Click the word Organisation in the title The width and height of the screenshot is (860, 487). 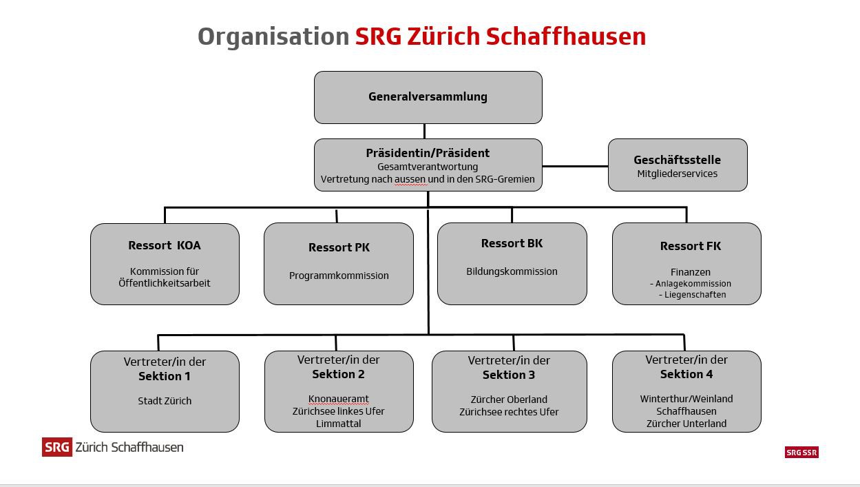pyautogui.click(x=273, y=37)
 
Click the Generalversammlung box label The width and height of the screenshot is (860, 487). pyautogui.click(x=428, y=97)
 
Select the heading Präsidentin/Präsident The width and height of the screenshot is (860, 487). pyautogui.click(x=428, y=153)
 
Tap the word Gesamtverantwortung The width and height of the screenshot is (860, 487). pyautogui.click(x=428, y=167)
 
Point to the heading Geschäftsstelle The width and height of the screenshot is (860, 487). pyautogui.click(x=678, y=160)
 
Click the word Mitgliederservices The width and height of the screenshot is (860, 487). pyautogui.click(x=678, y=174)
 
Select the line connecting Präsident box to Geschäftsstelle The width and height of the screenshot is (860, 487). pyautogui.click(x=575, y=166)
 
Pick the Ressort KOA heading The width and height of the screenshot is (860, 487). pyautogui.click(x=165, y=245)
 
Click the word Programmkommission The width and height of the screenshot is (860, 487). pyautogui.click(x=339, y=276)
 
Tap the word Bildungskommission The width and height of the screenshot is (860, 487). pyautogui.click(x=512, y=271)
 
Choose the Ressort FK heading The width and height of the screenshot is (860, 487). pyautogui.click(x=691, y=246)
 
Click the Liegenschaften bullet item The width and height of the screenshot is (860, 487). pyautogui.click(x=693, y=295)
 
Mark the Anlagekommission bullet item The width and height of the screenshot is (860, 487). pyautogui.click(x=691, y=283)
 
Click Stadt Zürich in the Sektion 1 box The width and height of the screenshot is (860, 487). pyautogui.click(x=165, y=401)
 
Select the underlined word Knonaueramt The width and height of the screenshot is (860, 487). pyautogui.click(x=339, y=399)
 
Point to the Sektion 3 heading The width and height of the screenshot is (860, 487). pyautogui.click(x=509, y=375)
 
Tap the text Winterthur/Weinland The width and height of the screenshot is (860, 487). pyautogui.click(x=686, y=399)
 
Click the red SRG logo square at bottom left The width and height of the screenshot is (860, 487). pyautogui.click(x=57, y=447)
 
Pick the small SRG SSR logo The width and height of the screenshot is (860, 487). pyautogui.click(x=801, y=453)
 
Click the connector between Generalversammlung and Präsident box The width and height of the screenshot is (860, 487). pyautogui.click(x=424, y=132)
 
